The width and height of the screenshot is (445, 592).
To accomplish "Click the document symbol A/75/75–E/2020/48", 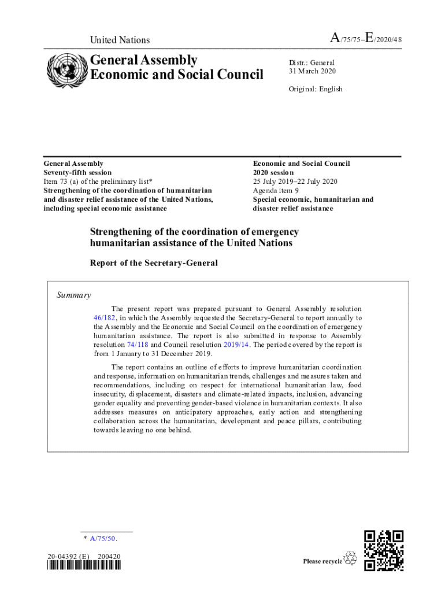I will tap(365, 39).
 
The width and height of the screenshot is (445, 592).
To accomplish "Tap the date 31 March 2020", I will tap(312, 71).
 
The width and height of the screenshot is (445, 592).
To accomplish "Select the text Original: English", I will tap(316, 89).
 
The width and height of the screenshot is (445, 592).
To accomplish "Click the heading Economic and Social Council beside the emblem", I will tap(176, 75).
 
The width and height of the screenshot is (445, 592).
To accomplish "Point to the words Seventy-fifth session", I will tap(78, 172).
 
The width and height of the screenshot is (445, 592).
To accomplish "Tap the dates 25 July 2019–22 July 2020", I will tap(295, 182).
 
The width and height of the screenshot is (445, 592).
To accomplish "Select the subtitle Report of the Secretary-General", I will tap(154, 263).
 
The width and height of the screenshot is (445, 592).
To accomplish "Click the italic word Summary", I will tap(73, 295).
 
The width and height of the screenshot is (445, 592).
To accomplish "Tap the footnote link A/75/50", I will tap(102, 539).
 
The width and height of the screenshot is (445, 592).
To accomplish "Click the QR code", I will tap(384, 550).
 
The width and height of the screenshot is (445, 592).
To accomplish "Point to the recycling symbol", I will tap(350, 558).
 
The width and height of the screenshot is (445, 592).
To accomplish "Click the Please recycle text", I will tap(322, 561).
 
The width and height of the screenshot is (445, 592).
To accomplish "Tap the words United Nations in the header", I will tap(120, 40).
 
